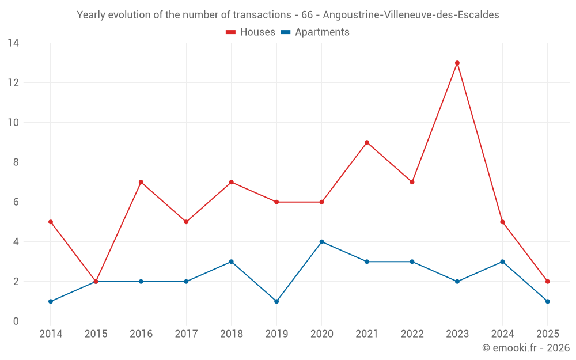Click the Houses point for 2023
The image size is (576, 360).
click(x=457, y=63)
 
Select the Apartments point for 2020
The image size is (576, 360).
click(x=321, y=242)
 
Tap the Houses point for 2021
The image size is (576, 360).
click(x=367, y=142)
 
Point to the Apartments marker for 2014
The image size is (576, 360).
click(x=51, y=301)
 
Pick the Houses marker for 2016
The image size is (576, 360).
click(x=141, y=182)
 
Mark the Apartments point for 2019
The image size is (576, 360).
click(x=276, y=301)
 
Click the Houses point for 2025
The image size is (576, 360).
click(x=548, y=282)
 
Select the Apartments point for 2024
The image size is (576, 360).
click(x=502, y=262)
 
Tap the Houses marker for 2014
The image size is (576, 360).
click(x=51, y=222)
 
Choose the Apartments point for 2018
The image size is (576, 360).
click(x=232, y=262)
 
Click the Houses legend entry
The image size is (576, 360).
click(x=251, y=32)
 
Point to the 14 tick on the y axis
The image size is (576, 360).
click(x=13, y=43)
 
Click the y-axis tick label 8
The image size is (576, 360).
click(x=16, y=162)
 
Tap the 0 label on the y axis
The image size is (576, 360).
click(x=16, y=321)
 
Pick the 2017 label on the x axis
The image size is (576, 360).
click(x=186, y=334)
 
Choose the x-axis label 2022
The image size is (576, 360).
click(x=412, y=334)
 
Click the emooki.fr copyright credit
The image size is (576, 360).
click(x=526, y=348)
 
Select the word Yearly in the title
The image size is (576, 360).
click(x=92, y=15)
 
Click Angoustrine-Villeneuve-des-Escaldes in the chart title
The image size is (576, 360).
click(x=411, y=15)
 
